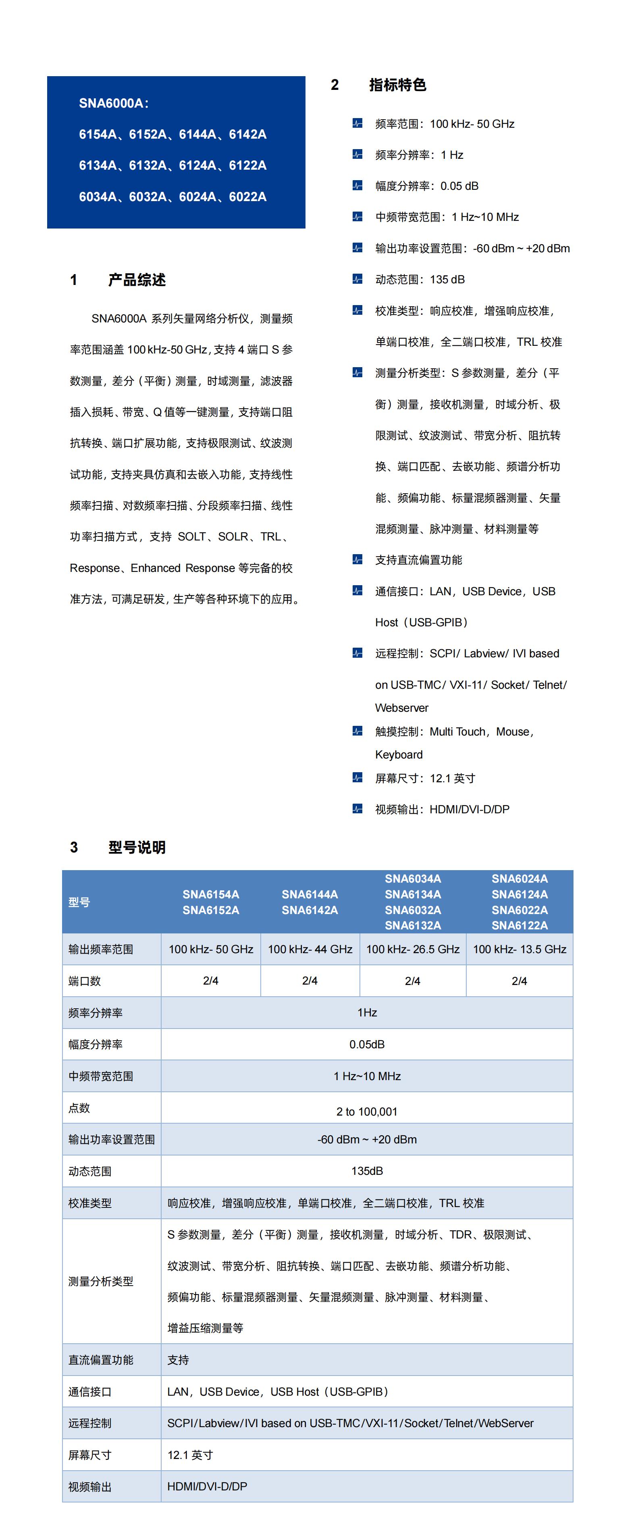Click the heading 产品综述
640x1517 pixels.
(x=137, y=280)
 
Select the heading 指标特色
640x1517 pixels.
(x=397, y=85)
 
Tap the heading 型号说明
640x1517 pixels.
(x=137, y=848)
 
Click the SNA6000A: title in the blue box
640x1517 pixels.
(x=114, y=103)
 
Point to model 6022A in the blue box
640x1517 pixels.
(x=247, y=197)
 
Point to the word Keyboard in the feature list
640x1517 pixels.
(x=399, y=754)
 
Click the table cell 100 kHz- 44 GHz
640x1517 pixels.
(x=310, y=949)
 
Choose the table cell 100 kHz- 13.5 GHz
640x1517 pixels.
(x=519, y=949)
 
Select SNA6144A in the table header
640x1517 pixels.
(x=310, y=894)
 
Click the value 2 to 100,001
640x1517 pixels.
(x=367, y=1111)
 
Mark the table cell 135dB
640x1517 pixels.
(x=367, y=1171)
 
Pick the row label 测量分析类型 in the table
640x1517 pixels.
(x=101, y=1282)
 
